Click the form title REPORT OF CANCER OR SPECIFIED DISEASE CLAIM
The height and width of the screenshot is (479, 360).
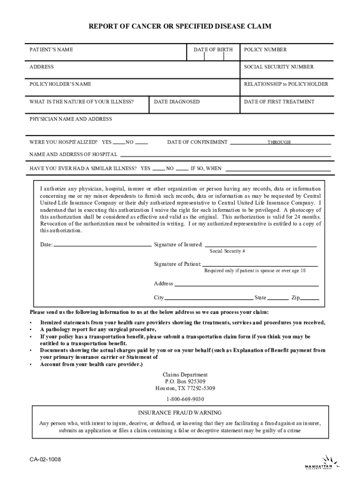180,27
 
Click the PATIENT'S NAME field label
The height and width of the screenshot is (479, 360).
51,50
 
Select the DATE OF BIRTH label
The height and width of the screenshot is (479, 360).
213,50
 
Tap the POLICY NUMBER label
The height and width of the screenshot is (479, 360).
265,50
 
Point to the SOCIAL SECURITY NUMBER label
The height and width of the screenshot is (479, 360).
279,67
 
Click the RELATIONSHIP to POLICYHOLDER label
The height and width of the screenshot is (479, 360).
286,84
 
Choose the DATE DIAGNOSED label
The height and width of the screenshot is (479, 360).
177,102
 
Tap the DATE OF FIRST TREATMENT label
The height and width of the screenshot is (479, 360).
279,102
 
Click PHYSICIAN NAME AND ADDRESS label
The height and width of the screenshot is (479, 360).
71,119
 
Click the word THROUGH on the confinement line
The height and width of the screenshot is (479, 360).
279,142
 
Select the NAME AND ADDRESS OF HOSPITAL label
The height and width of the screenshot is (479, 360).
73,154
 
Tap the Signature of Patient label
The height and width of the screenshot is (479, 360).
178,264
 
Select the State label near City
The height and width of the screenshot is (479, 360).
260,298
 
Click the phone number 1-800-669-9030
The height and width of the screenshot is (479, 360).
185,399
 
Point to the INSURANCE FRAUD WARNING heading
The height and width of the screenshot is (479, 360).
180,413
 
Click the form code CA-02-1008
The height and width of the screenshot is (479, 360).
45,459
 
